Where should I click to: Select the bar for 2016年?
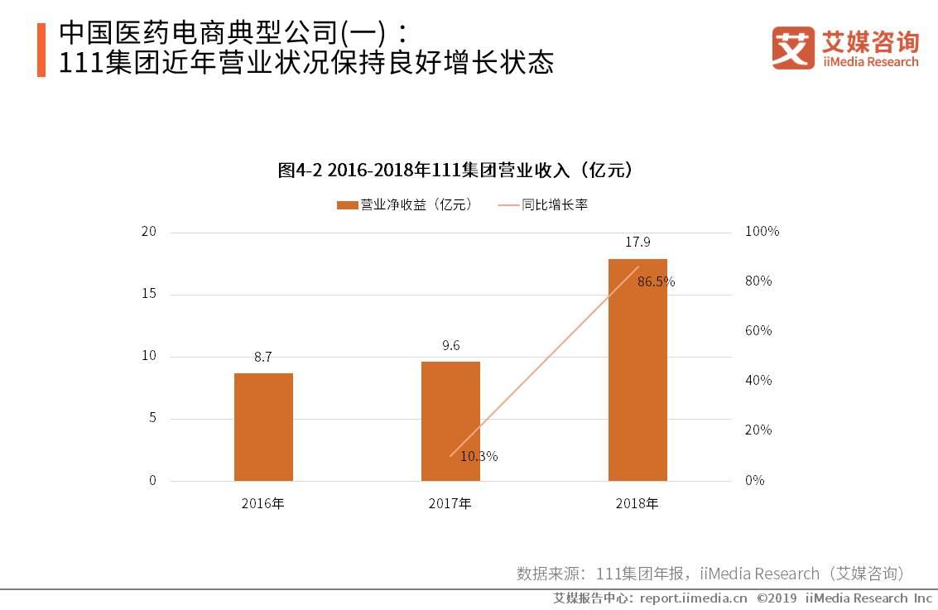(x=263, y=426)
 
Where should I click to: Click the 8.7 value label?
(x=263, y=358)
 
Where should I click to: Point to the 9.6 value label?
(x=450, y=346)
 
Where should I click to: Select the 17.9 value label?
(x=637, y=243)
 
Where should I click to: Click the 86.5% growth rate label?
(x=656, y=281)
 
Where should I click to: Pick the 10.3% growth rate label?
(x=479, y=456)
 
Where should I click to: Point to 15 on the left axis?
(x=149, y=294)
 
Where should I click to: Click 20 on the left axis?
(x=149, y=232)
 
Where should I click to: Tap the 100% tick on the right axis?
(x=762, y=232)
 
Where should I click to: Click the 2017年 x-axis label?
(x=450, y=503)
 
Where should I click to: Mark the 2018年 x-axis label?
(x=637, y=503)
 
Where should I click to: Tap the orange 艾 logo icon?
(x=793, y=47)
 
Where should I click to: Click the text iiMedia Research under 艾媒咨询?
(x=870, y=62)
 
